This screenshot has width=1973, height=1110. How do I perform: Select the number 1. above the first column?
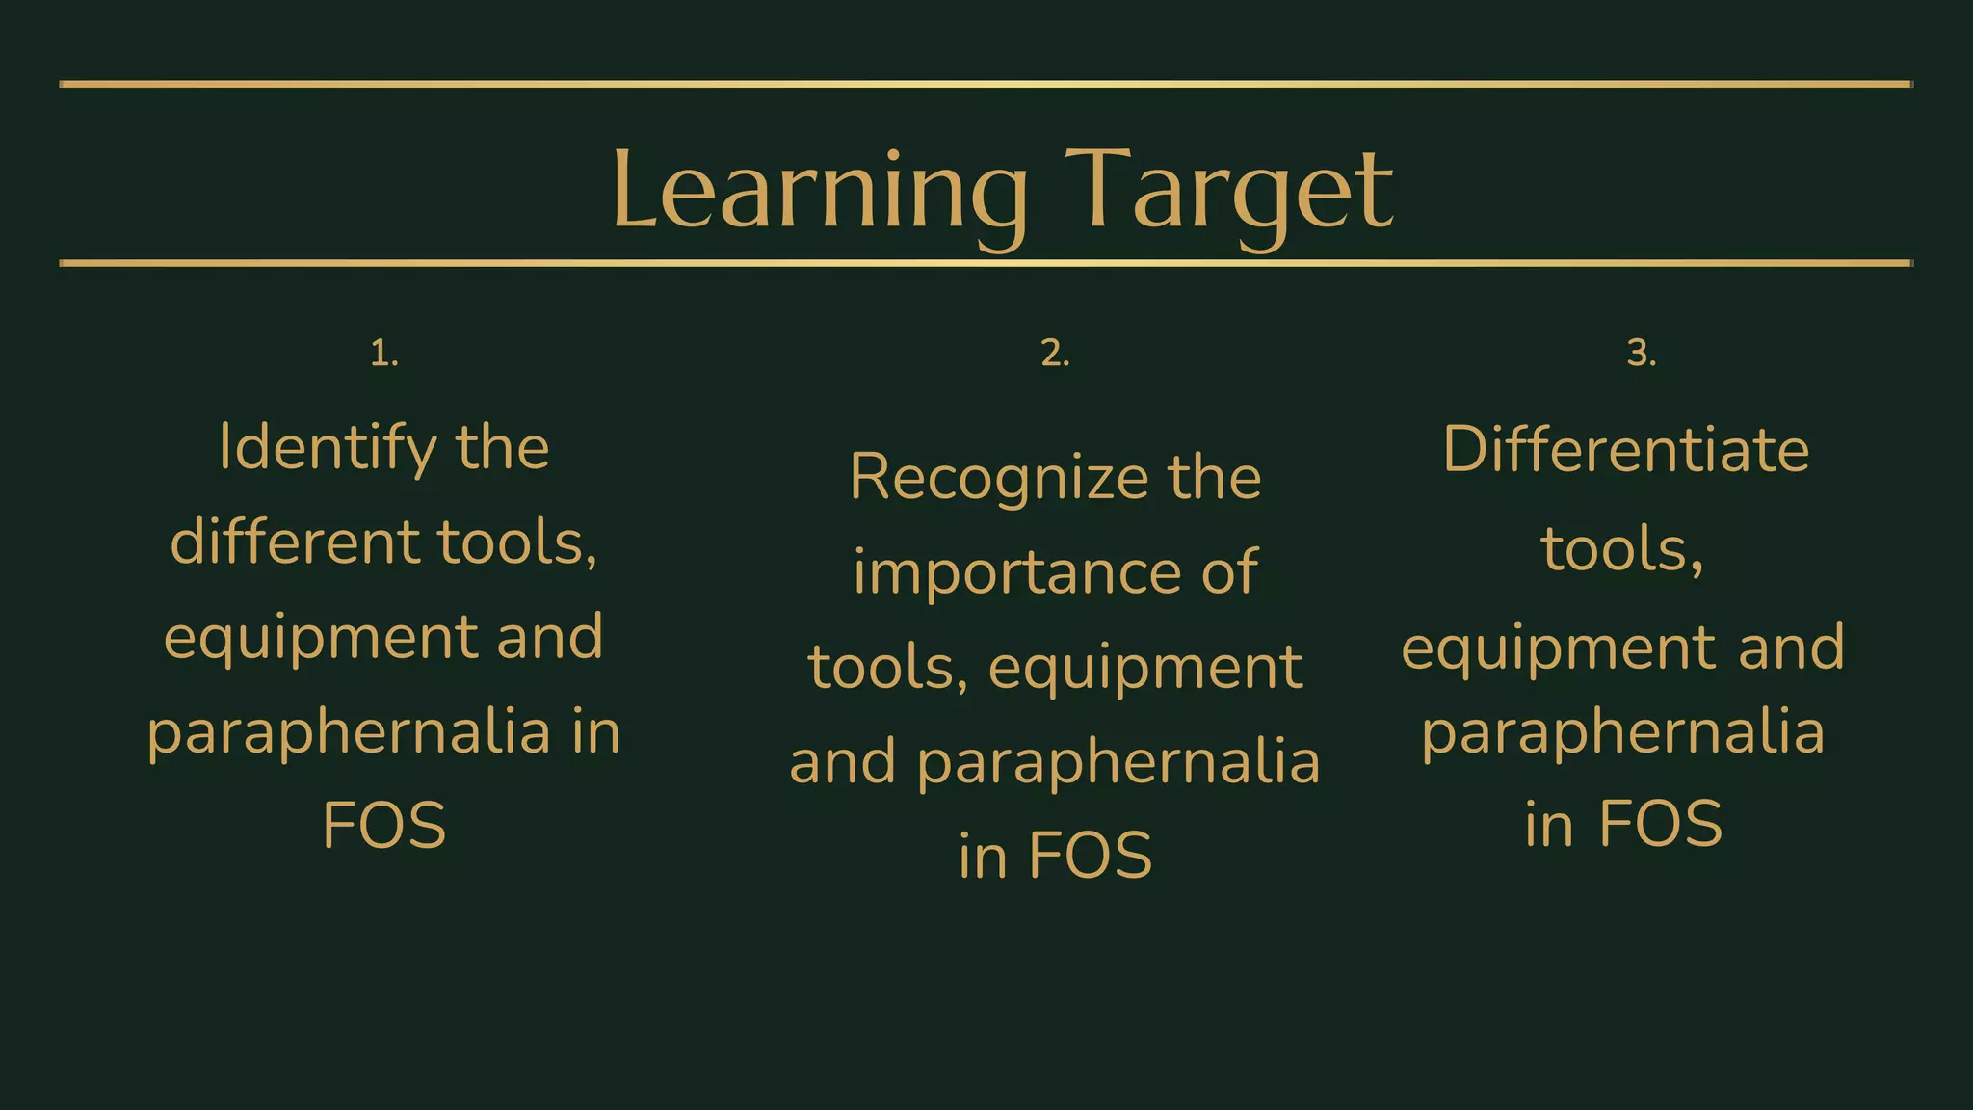tap(384, 354)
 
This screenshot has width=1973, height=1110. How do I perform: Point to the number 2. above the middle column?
tap(1055, 354)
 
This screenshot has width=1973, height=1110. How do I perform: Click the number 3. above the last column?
tap(1642, 354)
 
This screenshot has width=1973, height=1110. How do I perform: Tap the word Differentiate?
tap(1626, 450)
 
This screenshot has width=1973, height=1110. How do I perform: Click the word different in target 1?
tap(294, 542)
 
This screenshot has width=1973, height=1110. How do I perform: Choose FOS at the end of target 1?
tap(384, 826)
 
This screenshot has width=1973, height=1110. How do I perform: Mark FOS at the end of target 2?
tap(1090, 856)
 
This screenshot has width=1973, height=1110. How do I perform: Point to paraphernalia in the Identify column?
tap(349, 732)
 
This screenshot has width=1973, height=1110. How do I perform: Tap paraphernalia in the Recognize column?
tap(1118, 762)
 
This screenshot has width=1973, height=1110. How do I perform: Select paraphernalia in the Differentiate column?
tap(1623, 732)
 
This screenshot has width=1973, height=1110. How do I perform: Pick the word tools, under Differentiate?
tap(1622, 549)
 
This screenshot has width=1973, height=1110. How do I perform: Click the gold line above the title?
tap(986, 84)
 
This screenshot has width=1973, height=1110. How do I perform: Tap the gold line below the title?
tap(986, 263)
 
